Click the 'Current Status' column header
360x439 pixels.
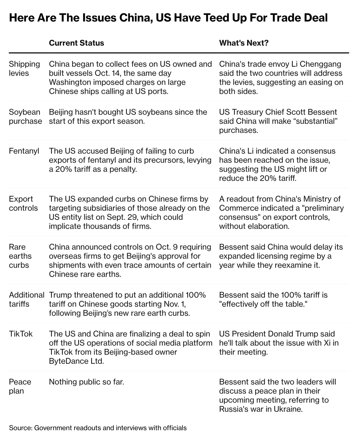pyautogui.click(x=76, y=43)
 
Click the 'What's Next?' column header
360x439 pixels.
pyautogui.click(x=244, y=43)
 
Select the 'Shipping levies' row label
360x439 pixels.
pyautogui.click(x=24, y=69)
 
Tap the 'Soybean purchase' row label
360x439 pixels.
pyautogui.click(x=25, y=117)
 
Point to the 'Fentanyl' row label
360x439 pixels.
pyautogui.click(x=24, y=151)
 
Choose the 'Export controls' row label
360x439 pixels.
pyautogui.click(x=23, y=204)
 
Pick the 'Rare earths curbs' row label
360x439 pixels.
pyautogui.click(x=20, y=256)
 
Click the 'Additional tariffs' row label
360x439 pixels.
pyautogui.click(x=26, y=299)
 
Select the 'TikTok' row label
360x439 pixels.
pyautogui.click(x=21, y=334)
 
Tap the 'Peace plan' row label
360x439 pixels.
pyautogui.click(x=20, y=386)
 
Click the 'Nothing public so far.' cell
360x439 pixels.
pyautogui.click(x=86, y=382)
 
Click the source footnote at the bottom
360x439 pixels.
pyautogui.click(x=98, y=428)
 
